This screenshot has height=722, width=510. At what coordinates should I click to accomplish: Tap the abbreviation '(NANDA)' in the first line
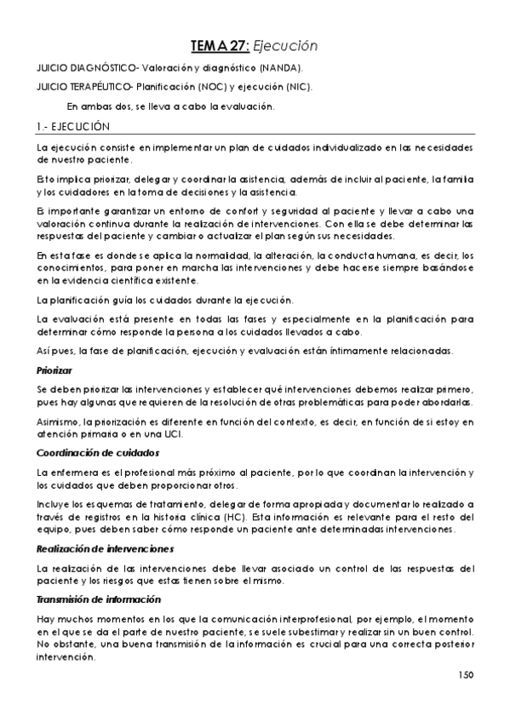[x=280, y=67]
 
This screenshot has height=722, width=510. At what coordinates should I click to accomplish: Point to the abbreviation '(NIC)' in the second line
[x=297, y=87]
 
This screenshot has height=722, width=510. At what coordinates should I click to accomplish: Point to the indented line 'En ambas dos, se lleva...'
[x=170, y=106]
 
